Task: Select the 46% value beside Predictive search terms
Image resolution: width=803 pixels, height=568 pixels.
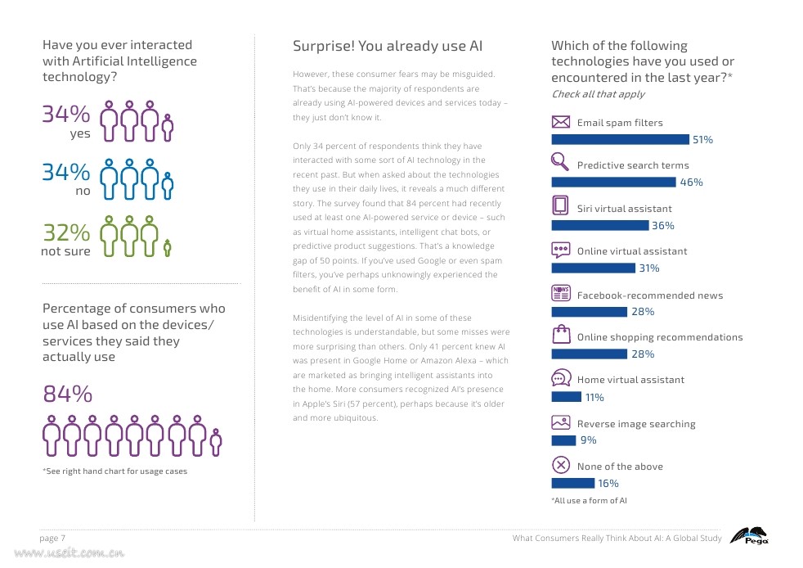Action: pos(692,183)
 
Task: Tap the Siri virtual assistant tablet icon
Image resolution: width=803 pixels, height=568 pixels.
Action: pos(560,205)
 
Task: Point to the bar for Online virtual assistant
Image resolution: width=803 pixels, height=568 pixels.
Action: pos(593,268)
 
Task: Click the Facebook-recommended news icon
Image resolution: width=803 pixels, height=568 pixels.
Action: pos(561,293)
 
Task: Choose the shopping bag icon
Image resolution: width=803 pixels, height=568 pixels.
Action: pos(561,334)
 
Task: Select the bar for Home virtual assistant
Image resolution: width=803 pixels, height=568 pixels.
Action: pos(566,397)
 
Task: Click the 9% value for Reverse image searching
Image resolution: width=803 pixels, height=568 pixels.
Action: pos(588,440)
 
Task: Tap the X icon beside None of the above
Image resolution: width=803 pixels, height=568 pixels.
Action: pos(561,465)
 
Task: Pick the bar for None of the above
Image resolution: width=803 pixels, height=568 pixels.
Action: pos(572,483)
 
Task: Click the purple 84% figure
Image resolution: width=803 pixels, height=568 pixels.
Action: pos(67,394)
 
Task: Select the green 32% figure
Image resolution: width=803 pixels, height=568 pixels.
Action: pos(66,233)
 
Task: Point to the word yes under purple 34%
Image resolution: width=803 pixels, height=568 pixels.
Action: pos(80,133)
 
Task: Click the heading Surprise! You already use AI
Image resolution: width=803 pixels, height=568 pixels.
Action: pos(388,47)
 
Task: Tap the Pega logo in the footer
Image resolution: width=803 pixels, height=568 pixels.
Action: pos(748,536)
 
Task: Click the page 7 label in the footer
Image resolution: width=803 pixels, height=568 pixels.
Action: pos(53,538)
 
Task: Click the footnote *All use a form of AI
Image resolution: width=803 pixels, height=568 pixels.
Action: pos(589,501)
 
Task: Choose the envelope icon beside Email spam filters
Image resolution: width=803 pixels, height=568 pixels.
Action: pos(561,122)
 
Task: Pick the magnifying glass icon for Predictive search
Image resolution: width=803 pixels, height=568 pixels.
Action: pos(560,161)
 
